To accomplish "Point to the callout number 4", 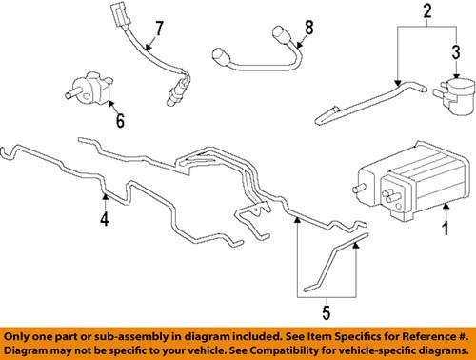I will click(x=105, y=221).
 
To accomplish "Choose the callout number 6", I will click(x=119, y=122).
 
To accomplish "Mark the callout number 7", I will click(x=159, y=27).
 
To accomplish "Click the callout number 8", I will click(x=307, y=27).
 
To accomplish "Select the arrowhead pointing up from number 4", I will click(x=105, y=196).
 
